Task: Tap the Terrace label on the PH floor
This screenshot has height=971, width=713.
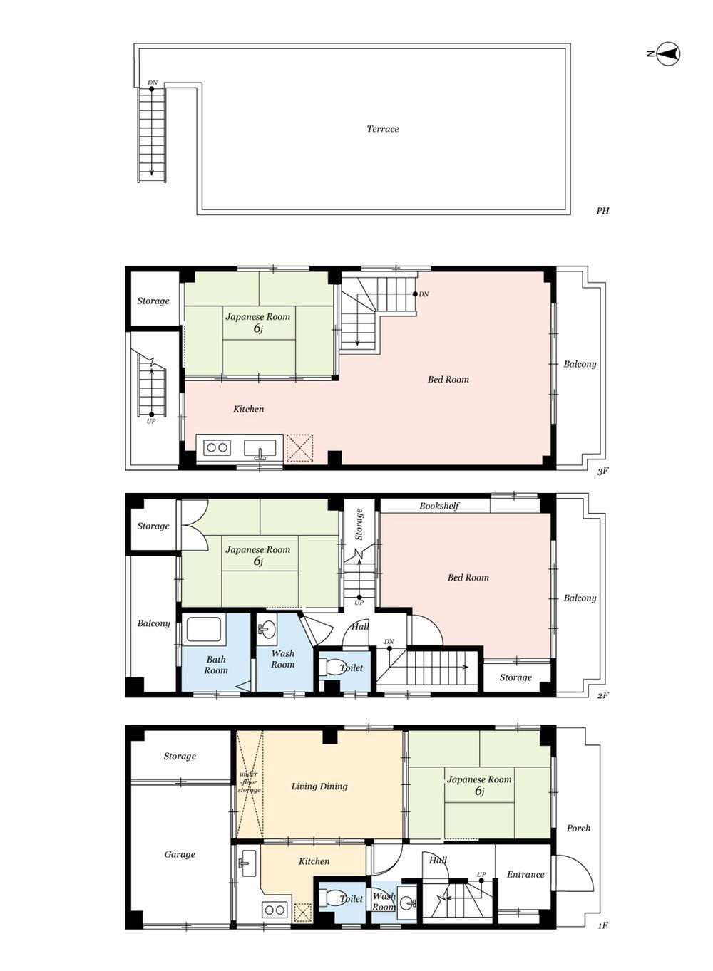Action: coord(382,129)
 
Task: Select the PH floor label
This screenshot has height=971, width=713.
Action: coord(602,211)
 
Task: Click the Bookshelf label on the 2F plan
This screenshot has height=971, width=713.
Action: coord(439,506)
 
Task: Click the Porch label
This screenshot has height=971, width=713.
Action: coord(578,828)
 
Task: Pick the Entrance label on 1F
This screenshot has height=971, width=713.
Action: coord(525,874)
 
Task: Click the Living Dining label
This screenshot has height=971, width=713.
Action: coord(319,786)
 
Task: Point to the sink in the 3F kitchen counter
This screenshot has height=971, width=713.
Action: coord(260,449)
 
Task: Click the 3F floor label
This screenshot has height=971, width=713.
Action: coord(602,471)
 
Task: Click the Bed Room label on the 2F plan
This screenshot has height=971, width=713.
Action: coord(468,578)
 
